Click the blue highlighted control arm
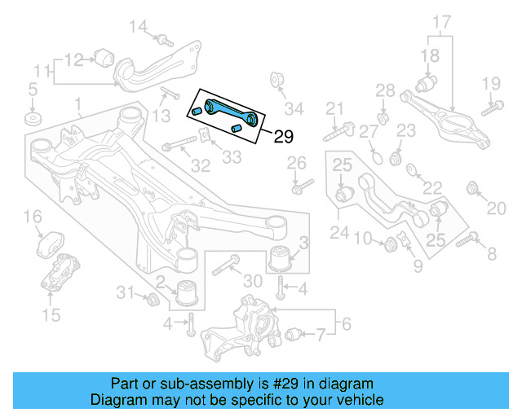pyautogui.click(x=231, y=112)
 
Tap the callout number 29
pyautogui.click(x=282, y=137)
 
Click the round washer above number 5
pyautogui.click(x=33, y=119)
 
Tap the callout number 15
pyautogui.click(x=51, y=315)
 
